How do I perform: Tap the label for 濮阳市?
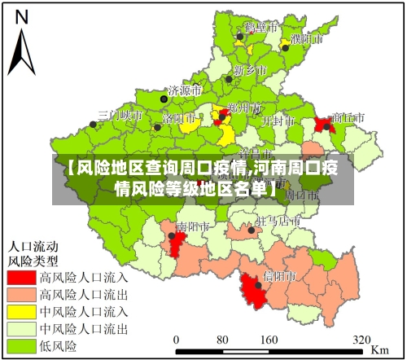[x=307, y=38]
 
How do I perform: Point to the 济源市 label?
[x=184, y=90]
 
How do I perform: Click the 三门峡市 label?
[x=120, y=115]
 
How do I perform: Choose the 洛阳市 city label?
[x=179, y=117]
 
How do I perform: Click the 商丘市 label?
[x=348, y=117]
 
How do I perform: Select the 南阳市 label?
[x=194, y=226]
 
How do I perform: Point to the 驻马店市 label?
[x=272, y=221]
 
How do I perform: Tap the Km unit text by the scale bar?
[x=379, y=349]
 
